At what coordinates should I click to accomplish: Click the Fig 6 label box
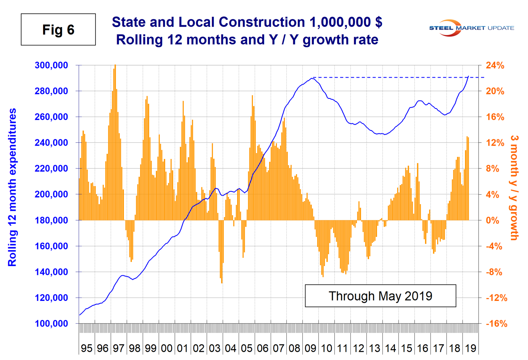pyautogui.click(x=58, y=30)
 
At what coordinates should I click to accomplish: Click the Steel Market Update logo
pyautogui.click(x=471, y=28)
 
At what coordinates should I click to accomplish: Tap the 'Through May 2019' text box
pyautogui.click(x=380, y=296)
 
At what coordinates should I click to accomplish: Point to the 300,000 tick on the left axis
pyautogui.click(x=51, y=65)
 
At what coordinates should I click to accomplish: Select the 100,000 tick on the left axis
pyautogui.click(x=51, y=324)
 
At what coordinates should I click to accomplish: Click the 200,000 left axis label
pyautogui.click(x=51, y=194)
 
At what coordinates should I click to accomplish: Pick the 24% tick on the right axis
pyautogui.click(x=495, y=65)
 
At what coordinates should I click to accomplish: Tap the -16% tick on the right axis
pyautogui.click(x=496, y=324)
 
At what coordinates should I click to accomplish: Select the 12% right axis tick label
pyautogui.click(x=495, y=143)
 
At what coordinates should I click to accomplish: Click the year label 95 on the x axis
pyautogui.click(x=87, y=348)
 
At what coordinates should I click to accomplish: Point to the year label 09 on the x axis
pyautogui.click(x=310, y=348)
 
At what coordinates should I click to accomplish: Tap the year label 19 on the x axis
pyautogui.click(x=471, y=348)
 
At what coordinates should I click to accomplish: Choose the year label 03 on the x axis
pyautogui.click(x=215, y=348)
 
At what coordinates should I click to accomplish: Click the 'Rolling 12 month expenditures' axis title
pyautogui.click(x=12, y=187)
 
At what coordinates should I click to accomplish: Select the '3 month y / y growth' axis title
pyautogui.click(x=514, y=187)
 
